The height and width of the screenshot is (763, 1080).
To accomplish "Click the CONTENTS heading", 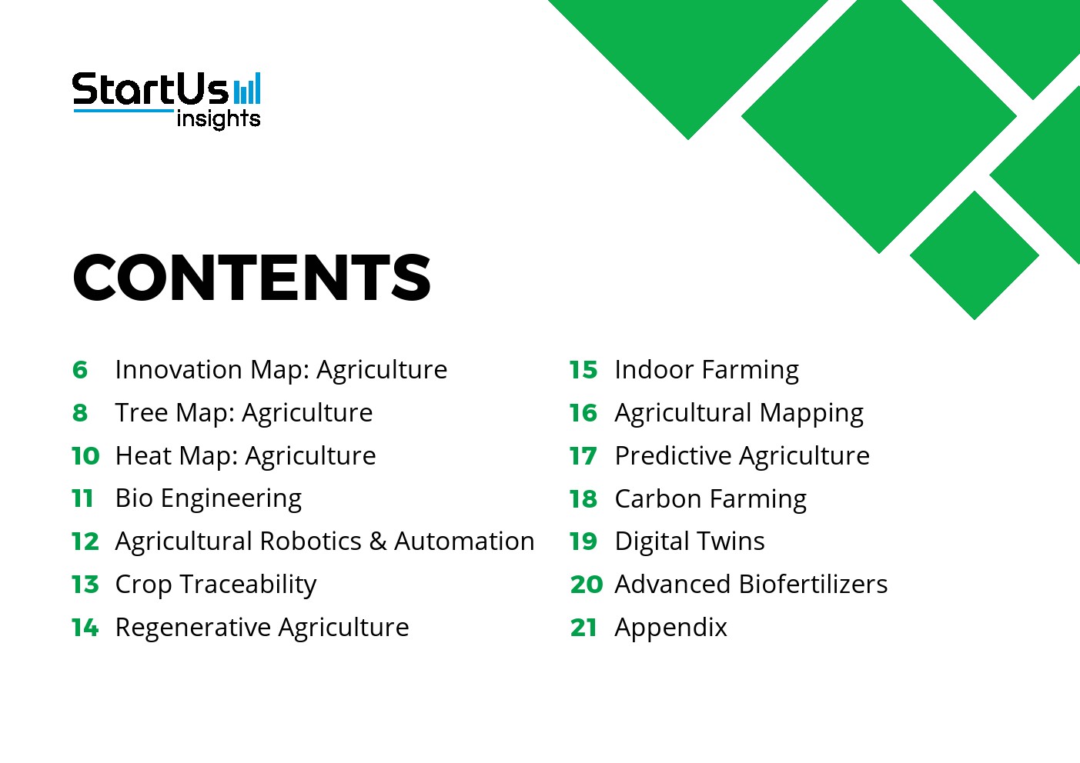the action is click(252, 278).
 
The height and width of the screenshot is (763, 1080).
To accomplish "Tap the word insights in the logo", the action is click(219, 119).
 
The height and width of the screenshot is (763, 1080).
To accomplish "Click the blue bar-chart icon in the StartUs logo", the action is click(247, 88).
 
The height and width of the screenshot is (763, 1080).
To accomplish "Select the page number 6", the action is click(80, 370).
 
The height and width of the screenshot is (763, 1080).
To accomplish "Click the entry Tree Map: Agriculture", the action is click(244, 413).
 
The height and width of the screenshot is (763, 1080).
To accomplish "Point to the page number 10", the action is click(85, 455).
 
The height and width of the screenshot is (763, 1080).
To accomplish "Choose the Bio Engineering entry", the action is click(209, 498).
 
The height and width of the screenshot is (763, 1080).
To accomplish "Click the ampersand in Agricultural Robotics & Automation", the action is click(377, 541).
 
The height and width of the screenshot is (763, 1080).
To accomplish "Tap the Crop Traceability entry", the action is click(216, 585).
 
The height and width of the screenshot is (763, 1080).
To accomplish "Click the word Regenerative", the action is click(194, 627).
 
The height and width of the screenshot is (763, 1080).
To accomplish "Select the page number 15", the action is click(583, 370).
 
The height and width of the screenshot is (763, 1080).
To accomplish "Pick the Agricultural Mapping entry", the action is click(739, 413).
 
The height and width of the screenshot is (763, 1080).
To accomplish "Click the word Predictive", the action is click(673, 455).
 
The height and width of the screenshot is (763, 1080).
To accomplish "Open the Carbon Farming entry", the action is click(711, 498).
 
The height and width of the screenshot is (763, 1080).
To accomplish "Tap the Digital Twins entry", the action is click(690, 541).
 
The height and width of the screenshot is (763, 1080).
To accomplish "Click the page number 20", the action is click(587, 585).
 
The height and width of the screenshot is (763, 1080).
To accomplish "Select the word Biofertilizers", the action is click(814, 585).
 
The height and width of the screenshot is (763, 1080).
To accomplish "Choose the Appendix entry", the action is click(670, 627).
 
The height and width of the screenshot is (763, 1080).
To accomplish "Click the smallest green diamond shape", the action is click(975, 255).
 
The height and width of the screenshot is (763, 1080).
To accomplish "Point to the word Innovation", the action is click(179, 370).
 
